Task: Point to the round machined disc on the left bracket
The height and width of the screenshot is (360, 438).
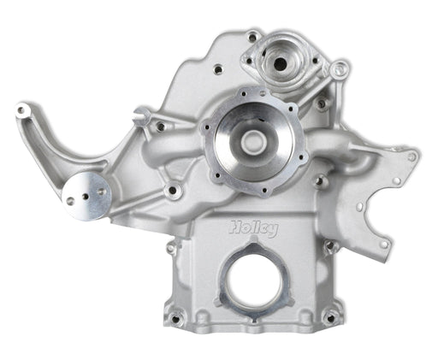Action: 89,195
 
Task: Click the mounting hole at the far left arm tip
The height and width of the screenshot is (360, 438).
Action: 23,110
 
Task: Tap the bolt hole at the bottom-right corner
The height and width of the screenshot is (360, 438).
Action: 329,317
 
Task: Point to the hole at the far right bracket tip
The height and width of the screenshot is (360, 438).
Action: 411,156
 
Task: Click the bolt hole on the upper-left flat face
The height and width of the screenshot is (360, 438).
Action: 217,68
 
